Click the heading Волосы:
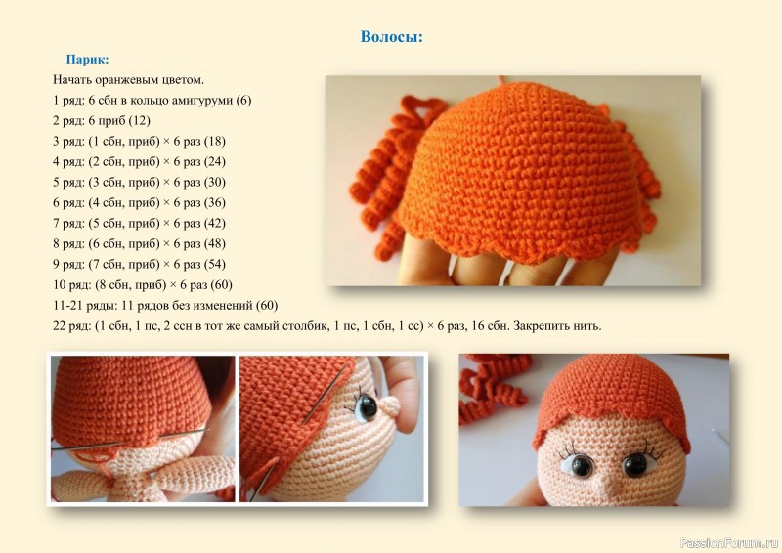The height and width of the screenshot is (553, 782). [392, 37]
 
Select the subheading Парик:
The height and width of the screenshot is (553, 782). [87, 60]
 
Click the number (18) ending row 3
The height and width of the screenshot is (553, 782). [214, 141]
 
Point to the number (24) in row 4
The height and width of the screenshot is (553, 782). [214, 161]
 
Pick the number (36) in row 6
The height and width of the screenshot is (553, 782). [214, 202]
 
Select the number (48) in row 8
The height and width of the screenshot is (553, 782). [214, 243]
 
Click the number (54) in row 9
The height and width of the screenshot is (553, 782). [214, 264]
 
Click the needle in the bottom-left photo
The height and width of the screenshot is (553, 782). [130, 440]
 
